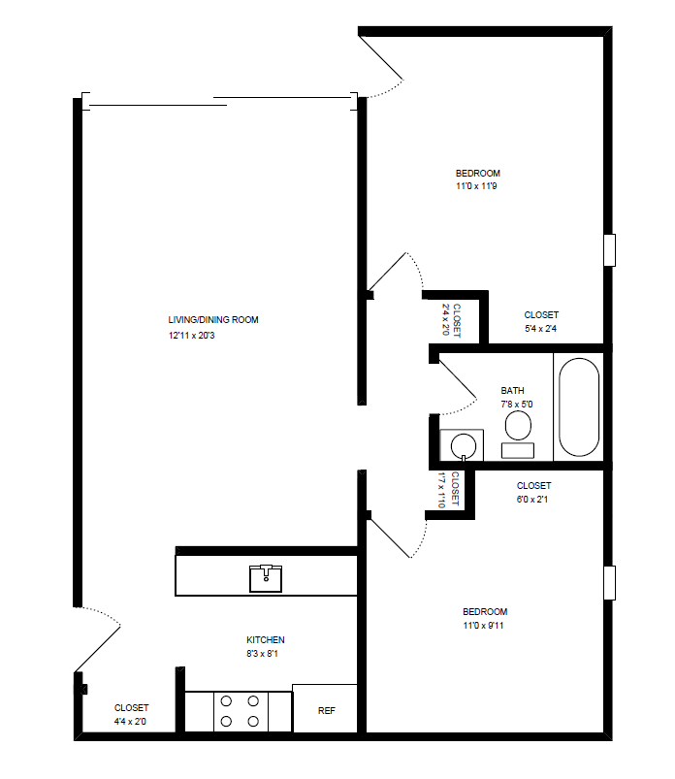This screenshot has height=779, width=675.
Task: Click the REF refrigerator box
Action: coord(326,710)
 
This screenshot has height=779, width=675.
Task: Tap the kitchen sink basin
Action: coord(266,578)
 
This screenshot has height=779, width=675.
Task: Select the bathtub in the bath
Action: coord(579,407)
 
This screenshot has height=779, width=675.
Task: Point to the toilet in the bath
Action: coord(518,428)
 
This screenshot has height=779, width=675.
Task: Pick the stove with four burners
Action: coord(239,711)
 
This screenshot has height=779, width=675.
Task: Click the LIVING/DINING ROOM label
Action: coord(213,320)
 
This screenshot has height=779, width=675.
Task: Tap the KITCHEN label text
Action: coord(265,640)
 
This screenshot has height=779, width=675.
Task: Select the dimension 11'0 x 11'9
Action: coord(476,186)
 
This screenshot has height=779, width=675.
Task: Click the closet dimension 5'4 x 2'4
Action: coord(540,330)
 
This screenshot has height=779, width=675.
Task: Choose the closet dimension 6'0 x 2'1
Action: coord(533,500)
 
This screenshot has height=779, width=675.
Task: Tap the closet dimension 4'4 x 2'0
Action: coord(131,721)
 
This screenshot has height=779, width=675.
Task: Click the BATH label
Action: coord(512,391)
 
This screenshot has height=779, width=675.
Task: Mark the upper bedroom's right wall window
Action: coord(610,249)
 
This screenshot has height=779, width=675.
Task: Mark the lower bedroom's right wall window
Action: coord(610,583)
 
